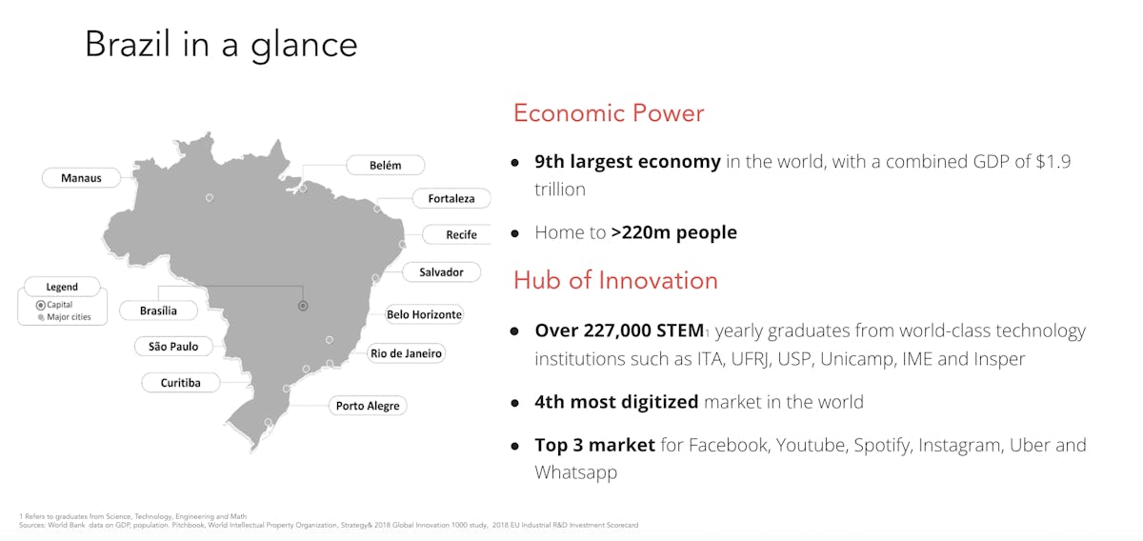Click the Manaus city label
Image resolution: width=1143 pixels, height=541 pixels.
[x=81, y=178]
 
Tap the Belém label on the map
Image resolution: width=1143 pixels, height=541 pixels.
[x=385, y=166]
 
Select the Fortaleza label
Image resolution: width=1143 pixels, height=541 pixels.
[x=451, y=198]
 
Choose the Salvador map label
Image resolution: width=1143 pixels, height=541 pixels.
[x=441, y=272]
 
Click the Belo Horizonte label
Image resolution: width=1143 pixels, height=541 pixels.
[x=424, y=314]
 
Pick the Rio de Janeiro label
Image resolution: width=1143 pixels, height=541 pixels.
[x=406, y=353]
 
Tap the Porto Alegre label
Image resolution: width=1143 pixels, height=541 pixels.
[x=368, y=406]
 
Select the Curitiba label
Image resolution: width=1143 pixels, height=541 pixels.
[x=181, y=383]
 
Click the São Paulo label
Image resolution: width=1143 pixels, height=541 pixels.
[x=173, y=347]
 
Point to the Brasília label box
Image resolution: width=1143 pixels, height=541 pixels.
[x=159, y=311]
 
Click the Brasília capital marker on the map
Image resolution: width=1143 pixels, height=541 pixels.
[x=303, y=306]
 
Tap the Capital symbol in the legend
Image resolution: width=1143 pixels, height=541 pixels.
[x=41, y=305]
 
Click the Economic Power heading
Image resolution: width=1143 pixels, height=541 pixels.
[x=609, y=112]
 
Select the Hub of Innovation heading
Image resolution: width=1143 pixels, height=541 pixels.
[x=615, y=280]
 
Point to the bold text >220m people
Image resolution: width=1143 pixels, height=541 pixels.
[x=674, y=232]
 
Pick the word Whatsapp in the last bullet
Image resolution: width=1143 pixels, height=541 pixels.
[x=576, y=472]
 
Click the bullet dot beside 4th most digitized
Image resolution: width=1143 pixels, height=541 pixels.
[x=515, y=403]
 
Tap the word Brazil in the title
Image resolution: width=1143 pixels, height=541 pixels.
[x=128, y=44]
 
